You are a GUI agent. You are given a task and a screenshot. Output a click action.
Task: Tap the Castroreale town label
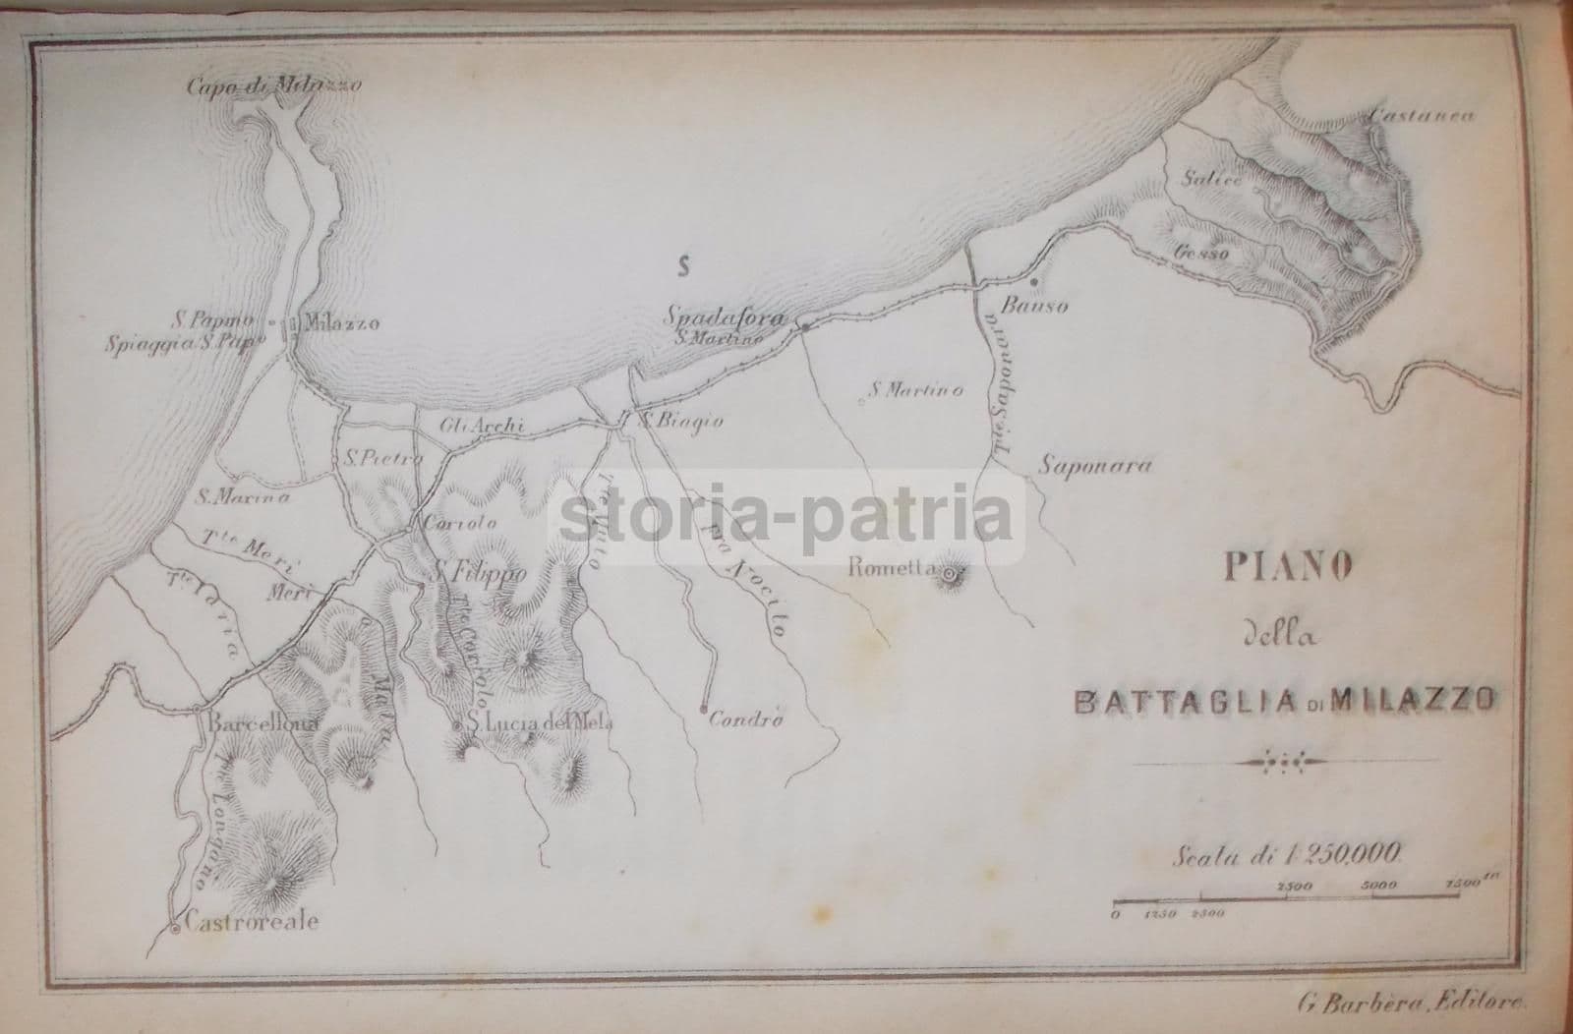(247, 924)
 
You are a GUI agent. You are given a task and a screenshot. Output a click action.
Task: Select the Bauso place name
(1033, 306)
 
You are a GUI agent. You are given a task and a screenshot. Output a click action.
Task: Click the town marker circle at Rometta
(950, 572)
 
